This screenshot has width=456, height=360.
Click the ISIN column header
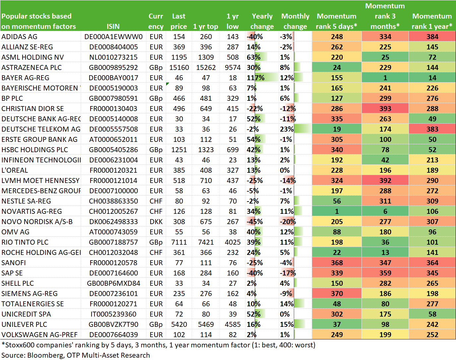tap(113, 26)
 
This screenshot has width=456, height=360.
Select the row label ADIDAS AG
tap(19, 37)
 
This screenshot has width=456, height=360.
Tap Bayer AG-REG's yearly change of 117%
tap(256, 78)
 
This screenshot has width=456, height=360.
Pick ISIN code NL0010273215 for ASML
tap(113, 57)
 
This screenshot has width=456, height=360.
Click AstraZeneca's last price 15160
tap(179, 68)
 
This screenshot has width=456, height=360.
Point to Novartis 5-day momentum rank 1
tap(337, 211)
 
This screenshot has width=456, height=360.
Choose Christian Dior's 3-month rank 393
tap(385, 109)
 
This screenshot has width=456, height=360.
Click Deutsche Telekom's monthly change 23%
tap(287, 129)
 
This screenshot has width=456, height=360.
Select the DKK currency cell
tap(156, 222)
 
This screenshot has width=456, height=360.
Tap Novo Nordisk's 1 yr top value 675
tap(206, 222)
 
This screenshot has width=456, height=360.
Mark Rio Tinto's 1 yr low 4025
tap(233, 242)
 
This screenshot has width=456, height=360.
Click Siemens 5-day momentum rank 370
tap(337, 294)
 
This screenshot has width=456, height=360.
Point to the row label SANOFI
tap(14, 263)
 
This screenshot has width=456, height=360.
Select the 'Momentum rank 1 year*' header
tap(432, 21)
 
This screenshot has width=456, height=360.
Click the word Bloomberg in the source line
tap(45, 355)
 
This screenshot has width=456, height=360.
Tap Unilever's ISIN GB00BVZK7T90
tap(113, 325)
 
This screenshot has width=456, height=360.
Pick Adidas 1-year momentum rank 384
tap(432, 37)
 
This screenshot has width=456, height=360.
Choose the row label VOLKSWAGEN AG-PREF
tap(39, 335)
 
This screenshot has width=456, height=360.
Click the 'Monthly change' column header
tap(295, 21)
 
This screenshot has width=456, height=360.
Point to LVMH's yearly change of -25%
tap(255, 181)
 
